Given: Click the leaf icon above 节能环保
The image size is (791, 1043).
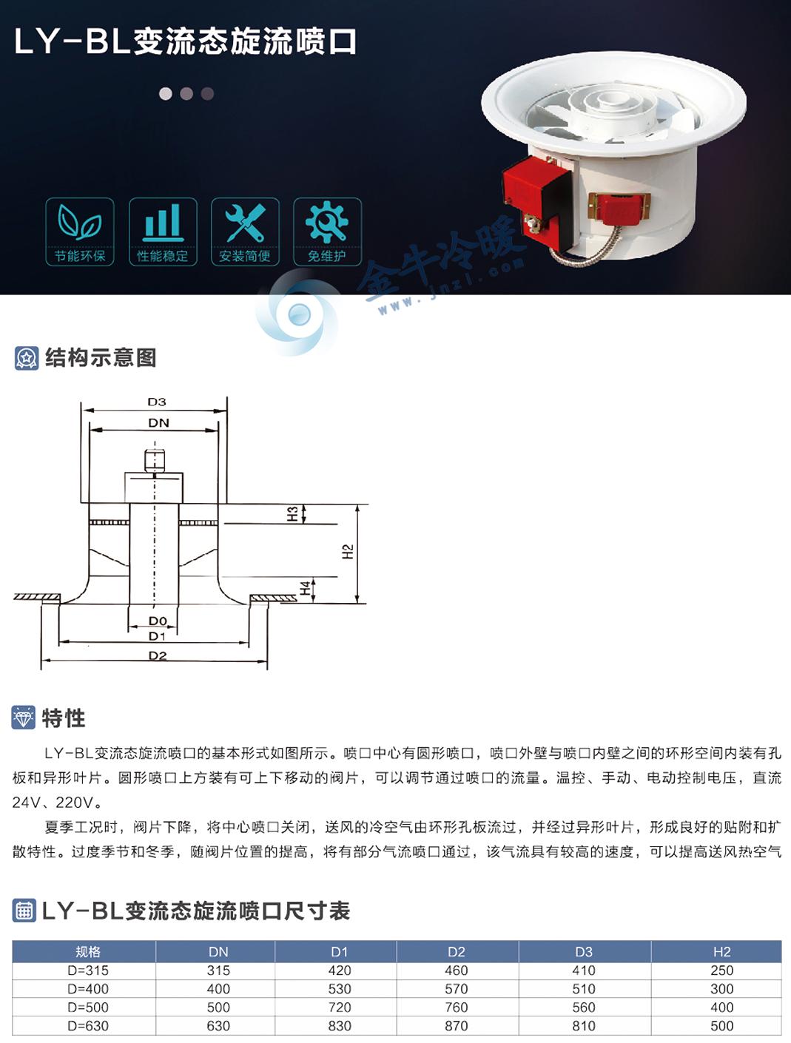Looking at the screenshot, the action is [79, 221].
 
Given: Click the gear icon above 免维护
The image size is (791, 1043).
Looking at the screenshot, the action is [326, 222].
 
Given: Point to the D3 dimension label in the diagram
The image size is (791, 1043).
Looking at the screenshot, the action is [157, 402].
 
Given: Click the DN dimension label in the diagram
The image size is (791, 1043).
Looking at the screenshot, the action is [159, 423].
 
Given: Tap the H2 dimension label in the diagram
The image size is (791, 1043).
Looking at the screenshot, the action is [348, 552].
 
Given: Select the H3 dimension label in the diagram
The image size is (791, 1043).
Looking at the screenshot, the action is [293, 513].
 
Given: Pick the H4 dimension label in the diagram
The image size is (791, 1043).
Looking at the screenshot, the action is [305, 588].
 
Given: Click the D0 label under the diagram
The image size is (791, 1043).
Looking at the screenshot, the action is [158, 621].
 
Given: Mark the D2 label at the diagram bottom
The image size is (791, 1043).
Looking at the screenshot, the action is [158, 655].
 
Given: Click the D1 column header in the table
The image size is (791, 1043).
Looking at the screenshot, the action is [340, 952].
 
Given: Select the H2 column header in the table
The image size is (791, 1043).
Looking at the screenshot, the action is [721, 952].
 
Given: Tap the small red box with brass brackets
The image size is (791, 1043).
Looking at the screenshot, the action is [619, 207].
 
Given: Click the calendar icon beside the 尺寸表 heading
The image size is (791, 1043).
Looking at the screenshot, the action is [24, 911].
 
